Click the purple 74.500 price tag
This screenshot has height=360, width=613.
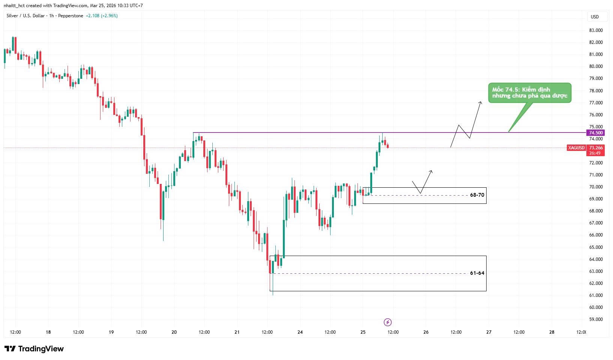pyautogui.click(x=596, y=133)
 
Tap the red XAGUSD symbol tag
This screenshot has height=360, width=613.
pyautogui.click(x=576, y=148)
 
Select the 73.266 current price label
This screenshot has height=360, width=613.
pyautogui.click(x=596, y=148)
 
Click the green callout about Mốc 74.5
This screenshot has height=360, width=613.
pyautogui.click(x=530, y=93)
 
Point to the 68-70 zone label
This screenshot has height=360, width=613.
pyautogui.click(x=477, y=195)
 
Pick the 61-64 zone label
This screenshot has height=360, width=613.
pyautogui.click(x=477, y=273)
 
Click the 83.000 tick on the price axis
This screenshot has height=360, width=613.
pyautogui.click(x=596, y=30)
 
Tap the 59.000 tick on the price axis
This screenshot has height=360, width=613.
pyautogui.click(x=596, y=319)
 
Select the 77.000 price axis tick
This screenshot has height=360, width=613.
pyautogui.click(x=596, y=102)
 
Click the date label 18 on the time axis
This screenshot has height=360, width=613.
pyautogui.click(x=48, y=332)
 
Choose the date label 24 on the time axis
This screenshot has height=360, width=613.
pyautogui.click(x=300, y=332)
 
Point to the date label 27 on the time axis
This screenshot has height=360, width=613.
pyautogui.click(x=489, y=332)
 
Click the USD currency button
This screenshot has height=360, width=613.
pyautogui.click(x=595, y=17)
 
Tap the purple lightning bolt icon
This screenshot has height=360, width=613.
pyautogui.click(x=388, y=322)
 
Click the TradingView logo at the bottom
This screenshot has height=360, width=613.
pyautogui.click(x=34, y=349)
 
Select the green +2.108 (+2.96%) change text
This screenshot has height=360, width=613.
pyautogui.click(x=102, y=16)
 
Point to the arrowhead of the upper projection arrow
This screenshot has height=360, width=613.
pyautogui.click(x=480, y=102)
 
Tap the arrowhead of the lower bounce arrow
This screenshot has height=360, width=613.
pyautogui.click(x=431, y=172)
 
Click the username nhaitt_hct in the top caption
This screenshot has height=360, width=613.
pyautogui.click(x=14, y=6)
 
